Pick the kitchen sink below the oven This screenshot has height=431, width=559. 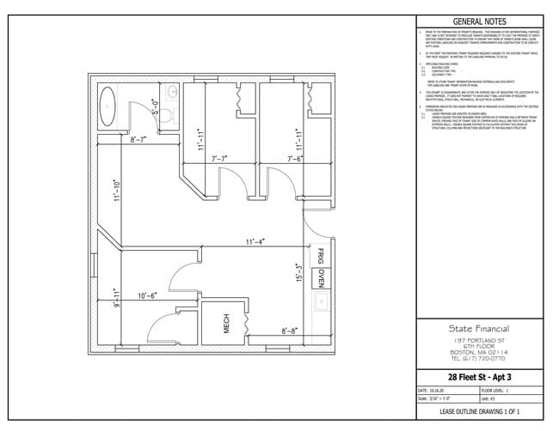pos(321,303)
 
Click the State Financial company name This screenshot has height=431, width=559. pos(479,327)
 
